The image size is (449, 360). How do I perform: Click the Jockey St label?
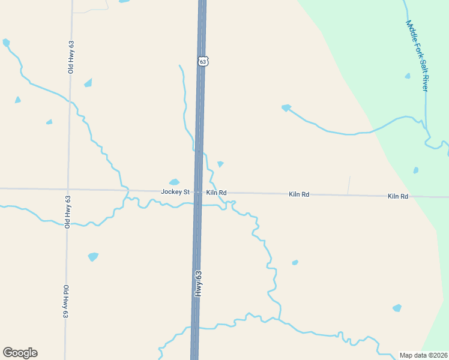[175, 192]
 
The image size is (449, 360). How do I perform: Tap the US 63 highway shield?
[203, 61]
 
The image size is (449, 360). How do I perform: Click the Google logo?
[20, 353]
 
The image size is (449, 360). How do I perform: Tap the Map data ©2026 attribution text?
[423, 355]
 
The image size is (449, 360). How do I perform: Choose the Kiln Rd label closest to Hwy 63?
[216, 193]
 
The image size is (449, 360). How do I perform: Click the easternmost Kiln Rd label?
[398, 196]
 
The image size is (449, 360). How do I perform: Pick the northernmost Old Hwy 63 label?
[71, 58]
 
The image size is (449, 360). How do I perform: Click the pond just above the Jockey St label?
[174, 182]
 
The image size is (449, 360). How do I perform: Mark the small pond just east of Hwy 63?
[220, 164]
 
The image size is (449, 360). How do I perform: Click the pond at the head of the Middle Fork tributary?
[286, 108]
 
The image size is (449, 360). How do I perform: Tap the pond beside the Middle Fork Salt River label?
[408, 76]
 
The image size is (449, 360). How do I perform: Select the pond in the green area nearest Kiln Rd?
[415, 170]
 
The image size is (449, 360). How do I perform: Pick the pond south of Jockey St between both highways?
[93, 257]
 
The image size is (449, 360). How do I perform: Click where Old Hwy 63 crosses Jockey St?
[68, 190]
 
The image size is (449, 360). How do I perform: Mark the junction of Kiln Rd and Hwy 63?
[197, 192]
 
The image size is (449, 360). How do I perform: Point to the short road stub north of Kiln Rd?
[349, 185]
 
